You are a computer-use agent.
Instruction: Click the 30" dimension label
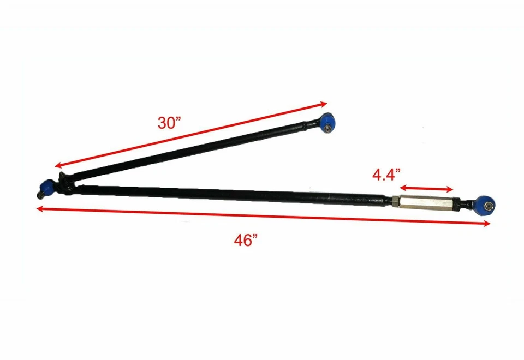(169, 123)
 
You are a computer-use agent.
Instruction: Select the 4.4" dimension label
(387, 175)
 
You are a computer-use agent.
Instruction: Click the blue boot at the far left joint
(47, 187)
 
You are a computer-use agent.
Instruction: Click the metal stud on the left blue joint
(40, 195)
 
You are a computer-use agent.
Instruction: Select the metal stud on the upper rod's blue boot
(326, 129)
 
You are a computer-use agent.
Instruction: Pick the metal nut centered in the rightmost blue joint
(489, 206)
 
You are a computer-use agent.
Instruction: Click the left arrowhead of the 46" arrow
(38, 207)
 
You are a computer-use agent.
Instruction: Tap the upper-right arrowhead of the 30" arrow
(324, 103)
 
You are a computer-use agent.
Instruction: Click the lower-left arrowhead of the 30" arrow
(57, 167)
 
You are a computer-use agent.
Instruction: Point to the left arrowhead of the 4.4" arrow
(402, 185)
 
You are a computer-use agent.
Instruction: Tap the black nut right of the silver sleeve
(462, 205)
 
